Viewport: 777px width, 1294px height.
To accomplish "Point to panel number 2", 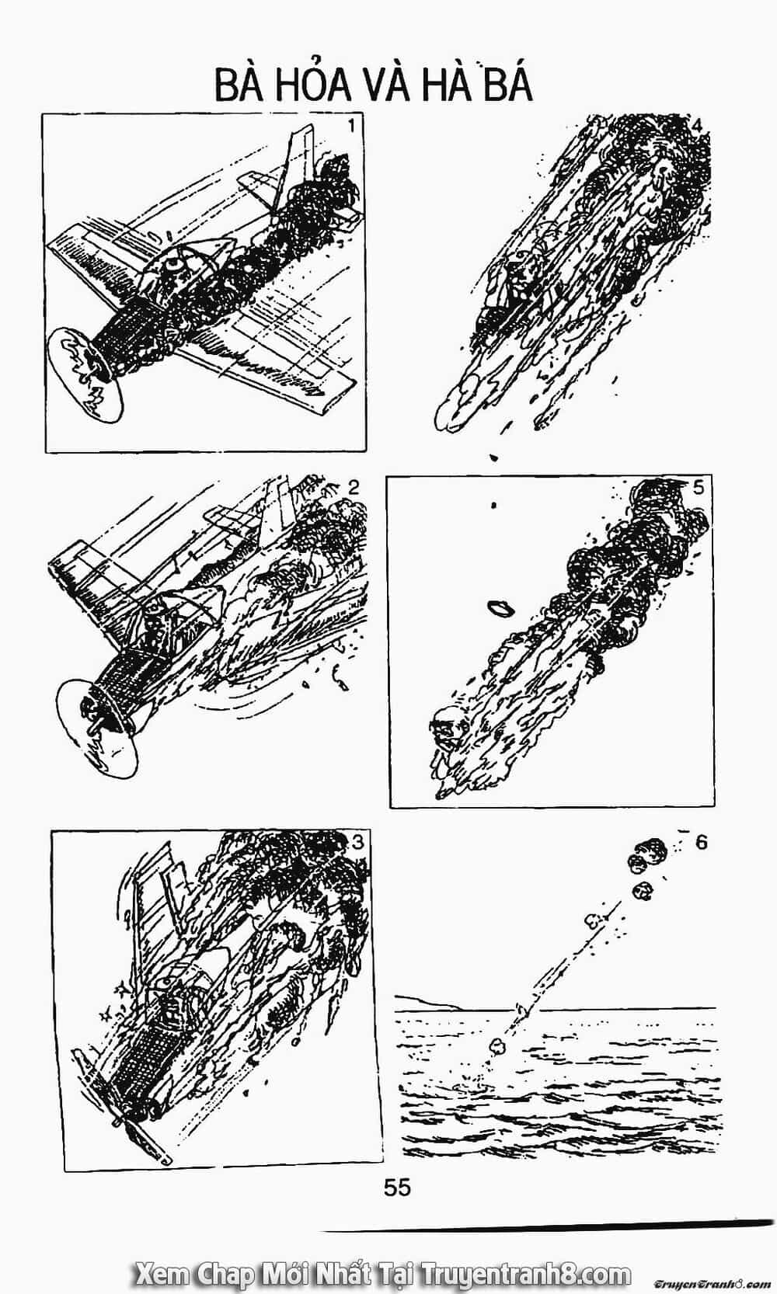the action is (354, 488).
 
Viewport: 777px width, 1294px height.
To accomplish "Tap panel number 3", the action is (357, 843).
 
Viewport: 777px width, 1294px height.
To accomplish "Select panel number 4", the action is (697, 125).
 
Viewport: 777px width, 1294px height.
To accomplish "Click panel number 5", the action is (699, 487).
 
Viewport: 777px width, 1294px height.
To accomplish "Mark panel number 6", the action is (701, 842).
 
